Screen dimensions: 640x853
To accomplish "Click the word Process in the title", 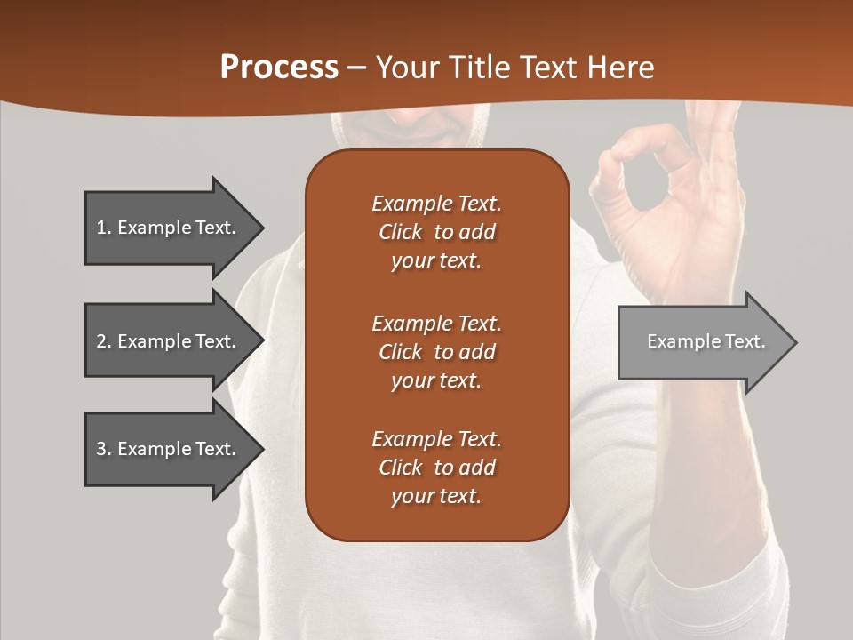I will pos(279,68).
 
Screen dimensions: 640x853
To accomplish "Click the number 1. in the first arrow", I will pos(103,228).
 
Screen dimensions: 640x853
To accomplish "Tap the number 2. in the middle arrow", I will pos(103,341).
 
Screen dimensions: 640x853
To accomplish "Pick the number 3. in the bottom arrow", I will pos(103,449).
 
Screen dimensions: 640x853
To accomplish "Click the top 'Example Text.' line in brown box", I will pos(436,204).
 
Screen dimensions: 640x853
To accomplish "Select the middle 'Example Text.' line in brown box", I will pos(436,323).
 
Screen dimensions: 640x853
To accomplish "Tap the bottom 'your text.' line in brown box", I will pos(436,496).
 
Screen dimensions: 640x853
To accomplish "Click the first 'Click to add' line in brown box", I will pos(436,232).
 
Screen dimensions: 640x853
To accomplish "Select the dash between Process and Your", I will pos(357,68).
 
